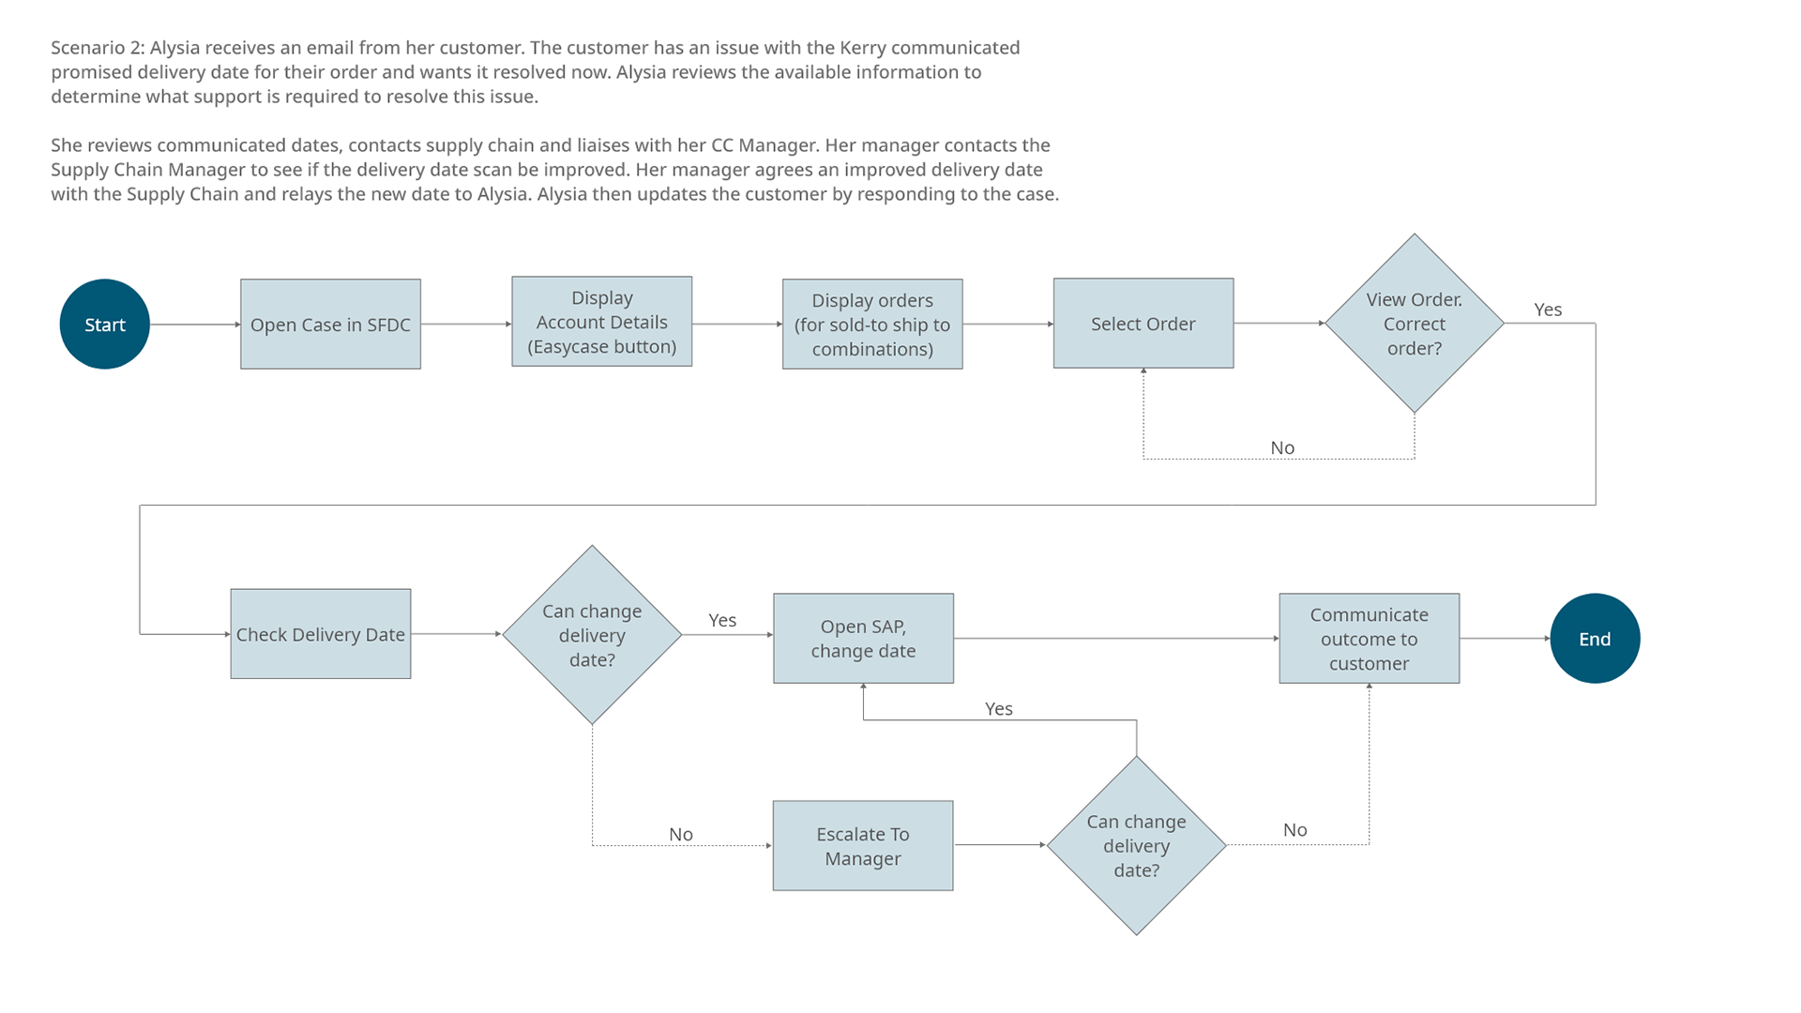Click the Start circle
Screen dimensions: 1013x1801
coord(104,325)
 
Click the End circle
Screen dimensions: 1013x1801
coord(1595,639)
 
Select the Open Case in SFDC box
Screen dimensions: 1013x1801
coord(330,325)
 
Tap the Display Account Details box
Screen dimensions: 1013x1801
coord(601,322)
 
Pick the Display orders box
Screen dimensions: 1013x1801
coord(872,325)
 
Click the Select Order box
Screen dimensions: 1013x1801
coord(1143,324)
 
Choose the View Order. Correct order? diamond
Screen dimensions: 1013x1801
coord(1414,324)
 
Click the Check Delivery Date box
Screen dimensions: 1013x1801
coord(320,634)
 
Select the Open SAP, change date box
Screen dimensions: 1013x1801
coord(863,639)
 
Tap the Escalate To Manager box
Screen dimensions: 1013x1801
coord(862,846)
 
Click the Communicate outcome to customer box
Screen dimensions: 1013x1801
coord(1369,639)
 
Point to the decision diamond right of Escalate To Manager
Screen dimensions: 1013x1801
coord(1136,846)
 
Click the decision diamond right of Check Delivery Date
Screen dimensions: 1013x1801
coord(592,635)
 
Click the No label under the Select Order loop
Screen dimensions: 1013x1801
coord(1282,448)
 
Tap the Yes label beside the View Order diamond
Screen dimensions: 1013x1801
coord(1548,310)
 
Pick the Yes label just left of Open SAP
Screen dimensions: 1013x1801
coord(722,620)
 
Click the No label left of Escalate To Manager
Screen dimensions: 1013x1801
coord(681,834)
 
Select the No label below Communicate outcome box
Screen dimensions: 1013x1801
coord(1294,830)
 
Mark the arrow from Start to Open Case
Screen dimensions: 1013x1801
coord(195,325)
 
